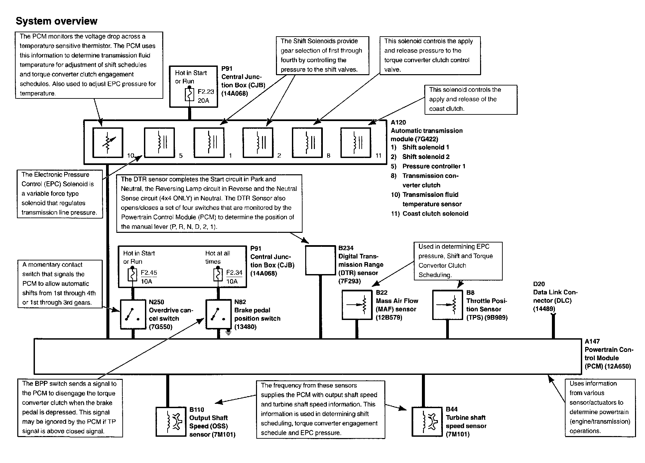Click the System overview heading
(57, 21)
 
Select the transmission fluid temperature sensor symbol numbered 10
(108, 142)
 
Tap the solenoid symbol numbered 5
(159, 142)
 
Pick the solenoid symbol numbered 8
(307, 142)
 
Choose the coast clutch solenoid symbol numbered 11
(356, 142)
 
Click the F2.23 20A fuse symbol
(189, 95)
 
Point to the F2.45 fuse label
(149, 273)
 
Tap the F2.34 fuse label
(234, 273)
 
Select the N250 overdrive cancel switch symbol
(133, 314)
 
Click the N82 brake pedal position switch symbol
(218, 314)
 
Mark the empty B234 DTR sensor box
(321, 260)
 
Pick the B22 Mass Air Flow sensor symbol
(357, 305)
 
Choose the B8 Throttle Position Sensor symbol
(448, 305)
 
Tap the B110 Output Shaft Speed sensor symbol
(171, 421)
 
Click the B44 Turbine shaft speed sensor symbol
(427, 421)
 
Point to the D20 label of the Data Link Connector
(539, 284)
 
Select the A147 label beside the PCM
(592, 341)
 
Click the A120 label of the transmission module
(398, 122)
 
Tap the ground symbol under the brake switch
(228, 332)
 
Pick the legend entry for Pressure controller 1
(428, 166)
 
